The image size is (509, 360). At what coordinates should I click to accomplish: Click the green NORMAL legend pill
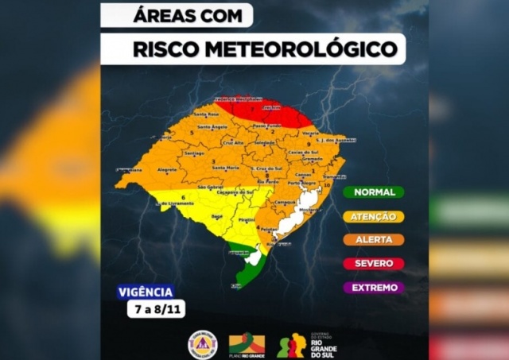(x=374, y=192)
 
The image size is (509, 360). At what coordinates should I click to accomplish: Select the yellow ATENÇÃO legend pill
(x=374, y=215)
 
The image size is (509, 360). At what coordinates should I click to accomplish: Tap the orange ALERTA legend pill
(x=374, y=239)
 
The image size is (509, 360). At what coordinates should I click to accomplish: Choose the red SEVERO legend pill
(x=374, y=263)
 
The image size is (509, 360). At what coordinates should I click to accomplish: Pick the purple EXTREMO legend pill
(x=374, y=287)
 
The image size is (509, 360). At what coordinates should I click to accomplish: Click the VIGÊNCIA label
(x=145, y=292)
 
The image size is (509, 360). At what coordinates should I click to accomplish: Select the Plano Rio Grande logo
(x=247, y=344)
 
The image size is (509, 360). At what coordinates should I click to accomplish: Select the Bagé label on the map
(x=215, y=215)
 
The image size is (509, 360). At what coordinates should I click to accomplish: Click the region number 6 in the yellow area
(x=183, y=196)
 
